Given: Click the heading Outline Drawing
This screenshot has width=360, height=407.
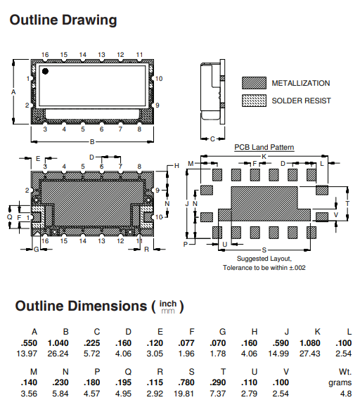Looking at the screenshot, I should point(63,20).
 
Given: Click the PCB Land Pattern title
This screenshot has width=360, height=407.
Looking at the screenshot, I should point(264,148).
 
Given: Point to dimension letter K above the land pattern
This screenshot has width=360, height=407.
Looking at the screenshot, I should point(264,155).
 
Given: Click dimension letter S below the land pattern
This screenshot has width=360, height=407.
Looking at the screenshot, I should point(264,250).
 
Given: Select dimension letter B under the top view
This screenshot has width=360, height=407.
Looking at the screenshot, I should point(92,141).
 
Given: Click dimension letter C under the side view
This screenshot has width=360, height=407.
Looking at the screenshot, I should point(212,139).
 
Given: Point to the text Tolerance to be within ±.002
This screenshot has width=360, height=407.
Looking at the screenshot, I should point(264,268).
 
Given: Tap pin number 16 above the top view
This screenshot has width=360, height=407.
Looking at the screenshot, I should point(44,54).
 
